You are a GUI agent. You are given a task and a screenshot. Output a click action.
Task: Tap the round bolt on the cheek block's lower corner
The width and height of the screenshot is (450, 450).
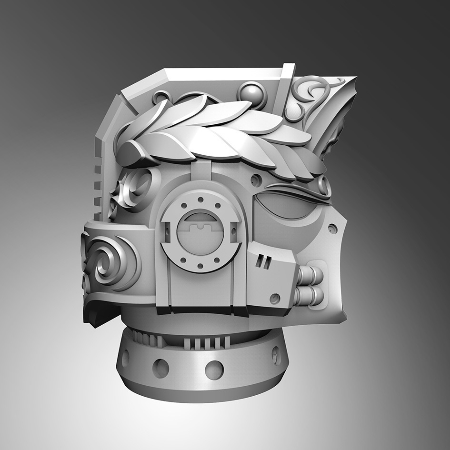coord(274,299)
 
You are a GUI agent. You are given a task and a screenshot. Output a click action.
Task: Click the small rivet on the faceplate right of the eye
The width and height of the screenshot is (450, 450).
coord(332,229)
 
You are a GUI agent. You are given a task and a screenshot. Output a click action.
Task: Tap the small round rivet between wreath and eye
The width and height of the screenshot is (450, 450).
coord(256,180)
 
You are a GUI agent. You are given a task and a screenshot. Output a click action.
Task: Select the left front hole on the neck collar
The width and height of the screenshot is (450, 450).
coord(160,368)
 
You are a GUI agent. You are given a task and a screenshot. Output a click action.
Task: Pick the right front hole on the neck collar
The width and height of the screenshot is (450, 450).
coord(214,370)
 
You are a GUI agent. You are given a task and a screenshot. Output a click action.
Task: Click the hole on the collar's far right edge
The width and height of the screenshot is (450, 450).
coord(276,355)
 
